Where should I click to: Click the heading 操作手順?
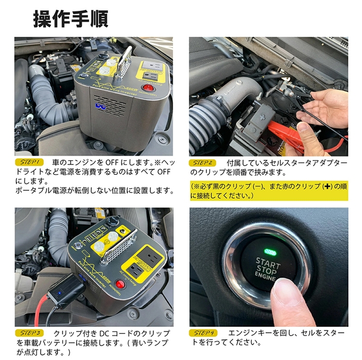point(70,19)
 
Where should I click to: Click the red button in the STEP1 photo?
point(150,88)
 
